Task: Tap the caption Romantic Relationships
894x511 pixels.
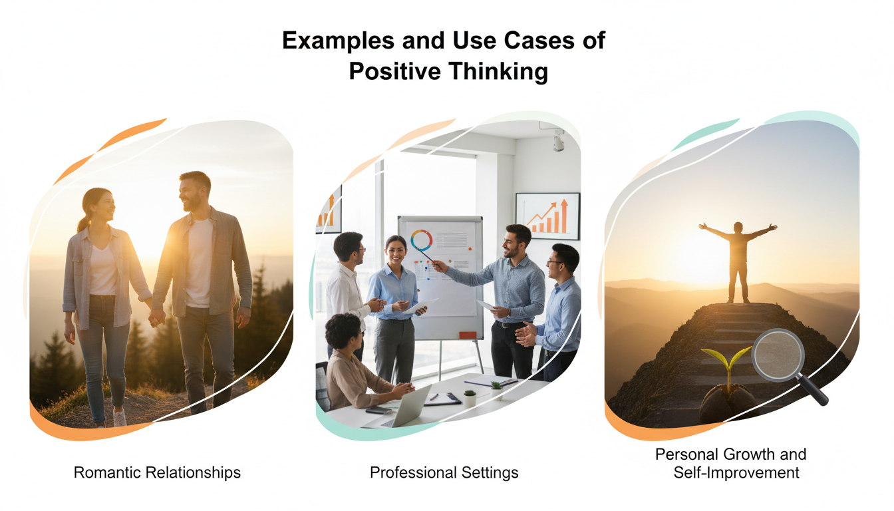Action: point(157,473)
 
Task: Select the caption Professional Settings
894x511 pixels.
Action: point(444,473)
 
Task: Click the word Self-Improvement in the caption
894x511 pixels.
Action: point(736,473)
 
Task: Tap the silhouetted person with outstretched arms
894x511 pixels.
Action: point(738,259)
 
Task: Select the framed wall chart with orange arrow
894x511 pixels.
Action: point(547,216)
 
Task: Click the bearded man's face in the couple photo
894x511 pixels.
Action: point(193,193)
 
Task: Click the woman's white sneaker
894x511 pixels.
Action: point(120,417)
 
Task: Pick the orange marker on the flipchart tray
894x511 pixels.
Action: point(468,335)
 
